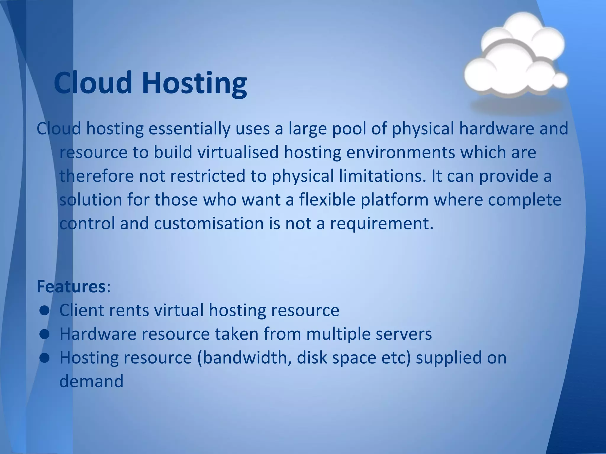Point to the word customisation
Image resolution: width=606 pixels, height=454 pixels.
point(209,223)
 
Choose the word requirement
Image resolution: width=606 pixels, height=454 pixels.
point(382,224)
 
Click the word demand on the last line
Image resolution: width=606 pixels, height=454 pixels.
point(91,381)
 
